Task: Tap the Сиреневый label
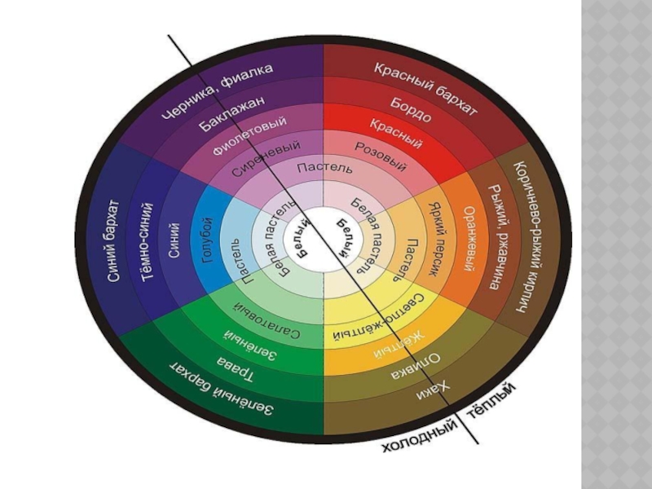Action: pos(265,160)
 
